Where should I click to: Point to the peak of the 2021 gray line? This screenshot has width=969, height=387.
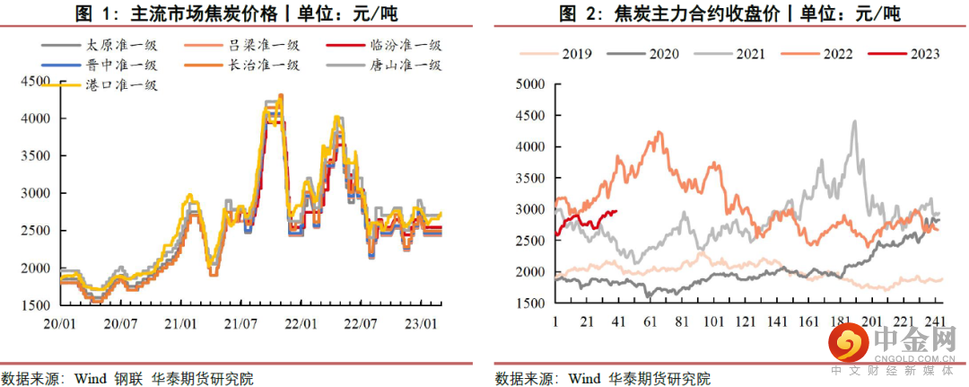(854, 121)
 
